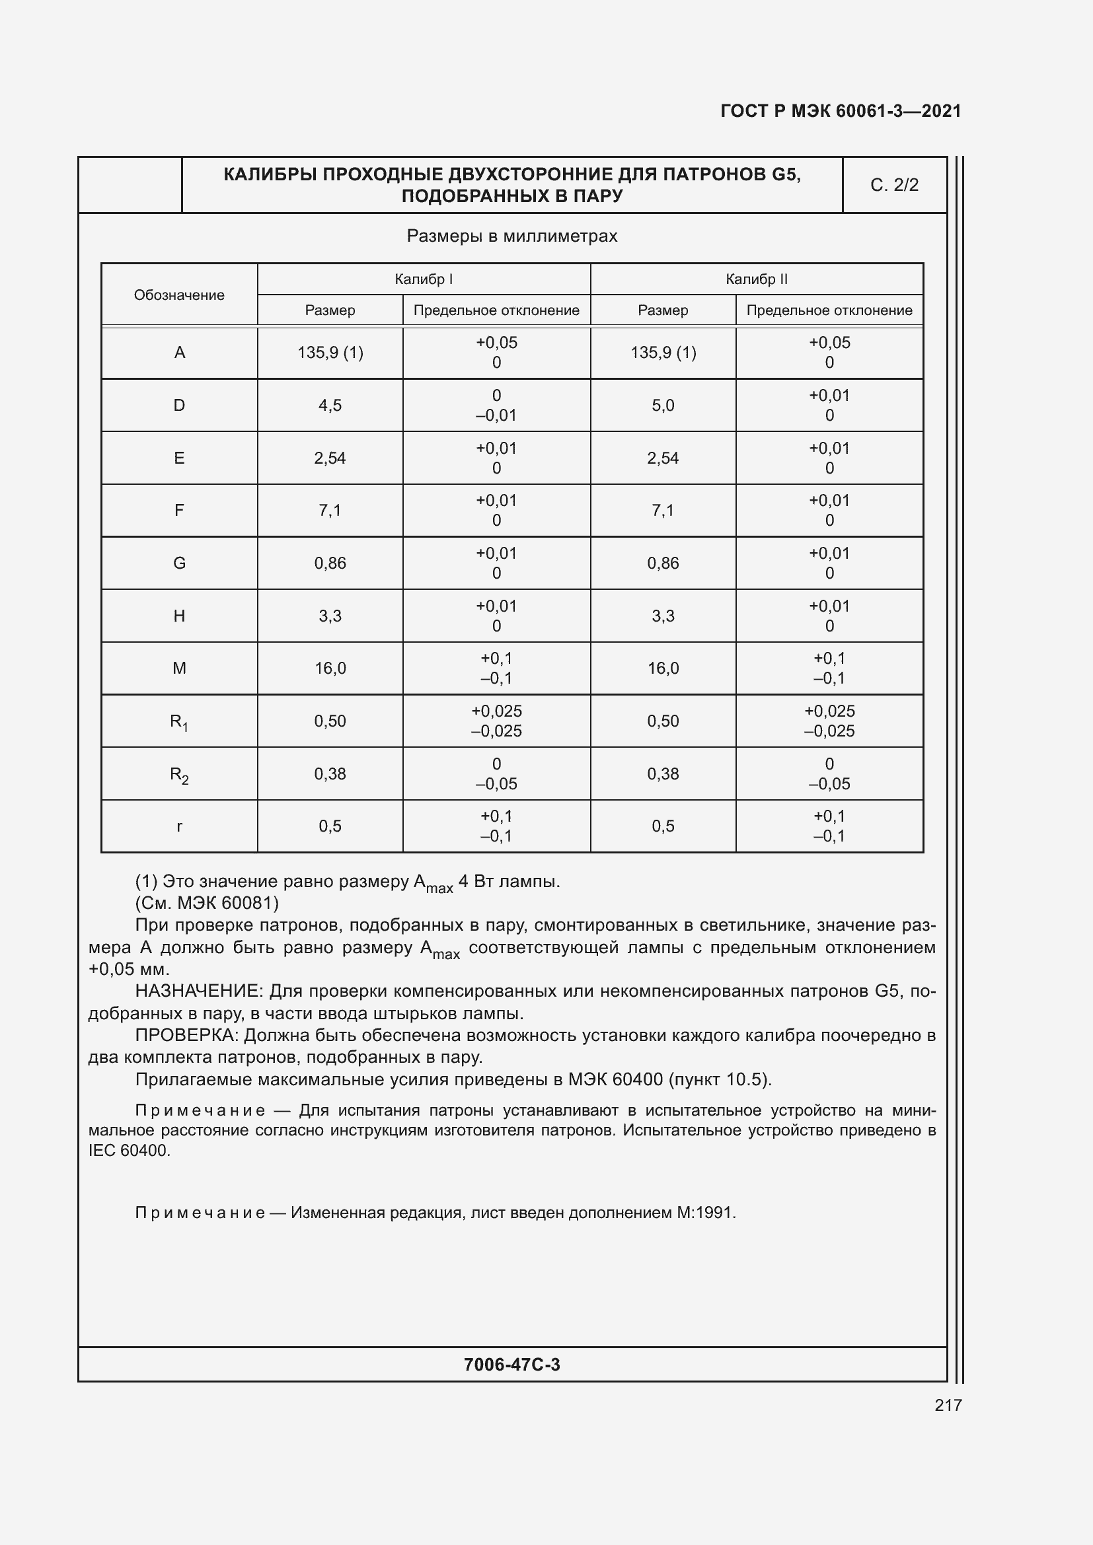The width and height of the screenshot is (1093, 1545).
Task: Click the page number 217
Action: (948, 1405)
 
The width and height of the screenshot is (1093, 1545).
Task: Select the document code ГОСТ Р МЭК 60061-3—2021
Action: (841, 111)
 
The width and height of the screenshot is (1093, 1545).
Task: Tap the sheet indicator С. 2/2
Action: (894, 185)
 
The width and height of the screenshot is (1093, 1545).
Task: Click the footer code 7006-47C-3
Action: (511, 1365)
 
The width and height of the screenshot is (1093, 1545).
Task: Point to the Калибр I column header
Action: (424, 279)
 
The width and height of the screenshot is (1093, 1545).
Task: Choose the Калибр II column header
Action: (757, 279)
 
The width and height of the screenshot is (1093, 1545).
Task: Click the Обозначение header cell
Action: (179, 295)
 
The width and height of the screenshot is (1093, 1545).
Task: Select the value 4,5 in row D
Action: (330, 405)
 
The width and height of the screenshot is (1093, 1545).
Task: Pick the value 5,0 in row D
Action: (662, 405)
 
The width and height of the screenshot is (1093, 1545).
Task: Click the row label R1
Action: (179, 722)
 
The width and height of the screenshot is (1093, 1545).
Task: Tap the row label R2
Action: (179, 775)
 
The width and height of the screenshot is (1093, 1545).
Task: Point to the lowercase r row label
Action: (179, 826)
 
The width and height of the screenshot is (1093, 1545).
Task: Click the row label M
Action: (179, 668)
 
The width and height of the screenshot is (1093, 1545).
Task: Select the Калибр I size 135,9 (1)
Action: (330, 353)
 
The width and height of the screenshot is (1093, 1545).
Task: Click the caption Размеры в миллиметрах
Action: (511, 236)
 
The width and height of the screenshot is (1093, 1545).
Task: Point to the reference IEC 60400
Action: (129, 1151)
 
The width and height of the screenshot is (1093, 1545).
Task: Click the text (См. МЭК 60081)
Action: (207, 902)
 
